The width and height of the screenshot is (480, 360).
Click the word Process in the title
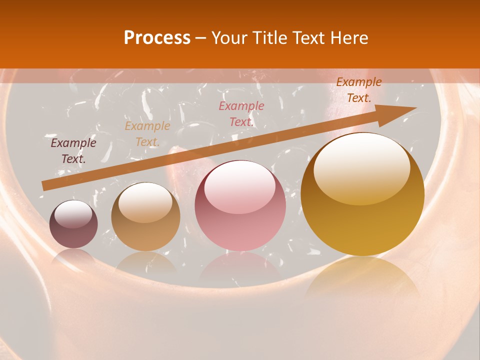[157, 38]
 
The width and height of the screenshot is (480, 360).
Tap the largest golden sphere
[362, 195]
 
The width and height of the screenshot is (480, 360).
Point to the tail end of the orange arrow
[46, 185]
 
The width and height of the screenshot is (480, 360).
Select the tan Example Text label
[147, 134]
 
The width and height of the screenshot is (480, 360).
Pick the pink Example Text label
[241, 114]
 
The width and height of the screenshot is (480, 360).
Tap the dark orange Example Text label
[358, 90]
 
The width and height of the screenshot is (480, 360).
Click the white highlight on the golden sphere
[362, 167]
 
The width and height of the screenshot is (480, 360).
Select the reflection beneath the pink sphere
[240, 267]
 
